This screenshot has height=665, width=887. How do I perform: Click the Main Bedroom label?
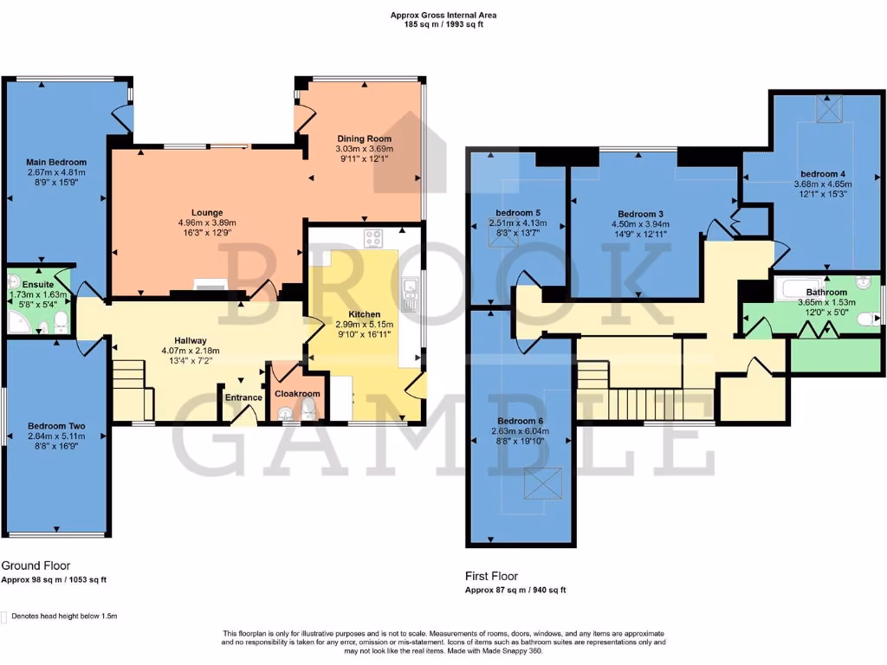(56, 162)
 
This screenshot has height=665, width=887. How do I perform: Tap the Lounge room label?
(207, 212)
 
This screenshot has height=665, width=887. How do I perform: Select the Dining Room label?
(364, 139)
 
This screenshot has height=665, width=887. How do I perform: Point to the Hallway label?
(184, 341)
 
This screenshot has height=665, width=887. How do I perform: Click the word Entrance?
(243, 397)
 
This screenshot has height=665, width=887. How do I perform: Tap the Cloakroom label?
(297, 393)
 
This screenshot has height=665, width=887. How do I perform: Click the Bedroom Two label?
(55, 426)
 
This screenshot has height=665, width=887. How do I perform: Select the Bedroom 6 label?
(520, 421)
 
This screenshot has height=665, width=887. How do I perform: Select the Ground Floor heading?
(35, 565)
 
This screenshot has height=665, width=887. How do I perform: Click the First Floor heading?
(491, 576)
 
